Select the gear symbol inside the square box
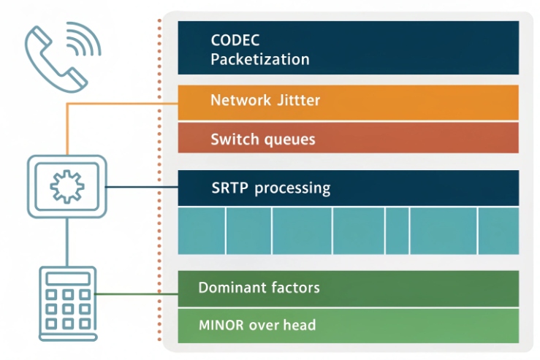66,187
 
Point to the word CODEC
235,40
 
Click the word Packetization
259,60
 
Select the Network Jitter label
265,100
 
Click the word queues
288,139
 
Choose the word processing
292,188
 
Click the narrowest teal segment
397,230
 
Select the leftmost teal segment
202,230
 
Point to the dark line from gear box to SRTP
142,187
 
